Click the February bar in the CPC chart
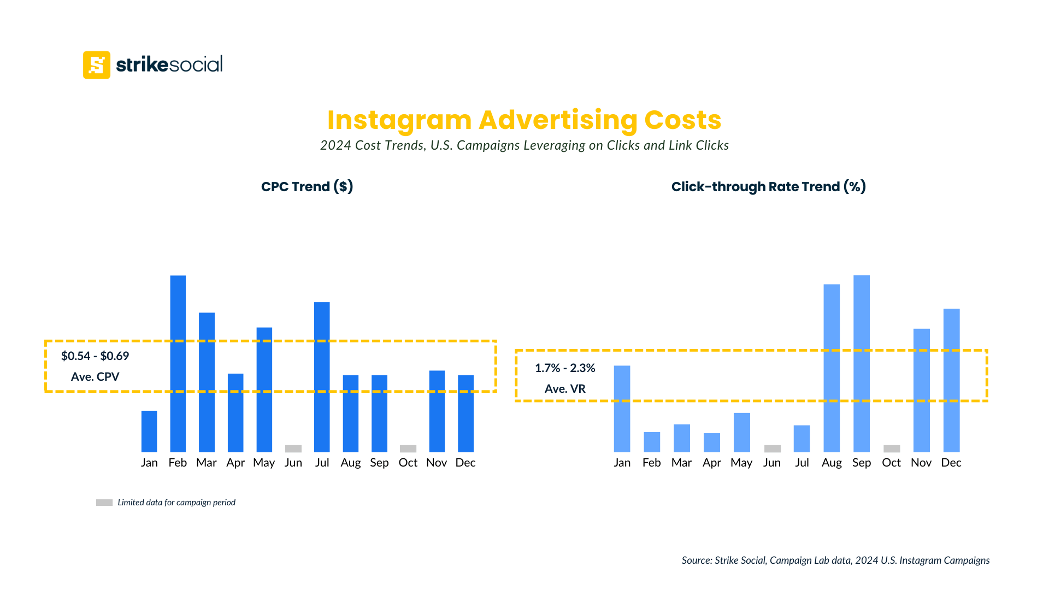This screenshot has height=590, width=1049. click(178, 363)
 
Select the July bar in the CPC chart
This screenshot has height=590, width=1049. click(322, 377)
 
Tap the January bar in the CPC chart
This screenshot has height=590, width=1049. click(149, 431)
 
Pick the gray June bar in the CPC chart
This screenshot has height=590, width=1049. click(293, 449)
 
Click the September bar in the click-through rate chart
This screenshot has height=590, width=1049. click(862, 363)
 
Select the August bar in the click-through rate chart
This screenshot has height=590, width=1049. click(832, 368)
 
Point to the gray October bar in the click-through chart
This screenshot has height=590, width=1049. click(892, 449)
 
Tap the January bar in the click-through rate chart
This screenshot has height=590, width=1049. click(622, 409)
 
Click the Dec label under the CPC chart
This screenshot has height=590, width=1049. click(465, 463)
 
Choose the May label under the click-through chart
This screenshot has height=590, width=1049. click(741, 463)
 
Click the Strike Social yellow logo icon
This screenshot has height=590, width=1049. click(97, 65)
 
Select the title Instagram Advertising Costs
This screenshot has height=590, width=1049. click(524, 120)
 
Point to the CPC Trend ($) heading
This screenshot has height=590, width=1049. click(307, 187)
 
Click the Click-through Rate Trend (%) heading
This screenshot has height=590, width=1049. click(768, 187)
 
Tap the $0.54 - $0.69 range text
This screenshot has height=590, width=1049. click(95, 356)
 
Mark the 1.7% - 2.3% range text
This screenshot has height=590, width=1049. click(565, 368)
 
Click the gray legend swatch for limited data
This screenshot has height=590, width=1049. click(104, 503)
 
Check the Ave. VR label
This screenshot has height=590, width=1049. click(565, 389)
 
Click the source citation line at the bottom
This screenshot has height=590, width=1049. click(835, 560)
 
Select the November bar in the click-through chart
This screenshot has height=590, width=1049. click(921, 390)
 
